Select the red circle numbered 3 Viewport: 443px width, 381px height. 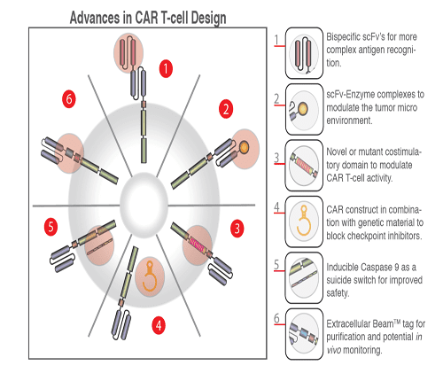pyautogui.click(x=236, y=229)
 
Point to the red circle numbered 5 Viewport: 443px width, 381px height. pyautogui.click(x=52, y=228)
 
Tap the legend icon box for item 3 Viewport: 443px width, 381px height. pyautogui.click(x=304, y=167)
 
